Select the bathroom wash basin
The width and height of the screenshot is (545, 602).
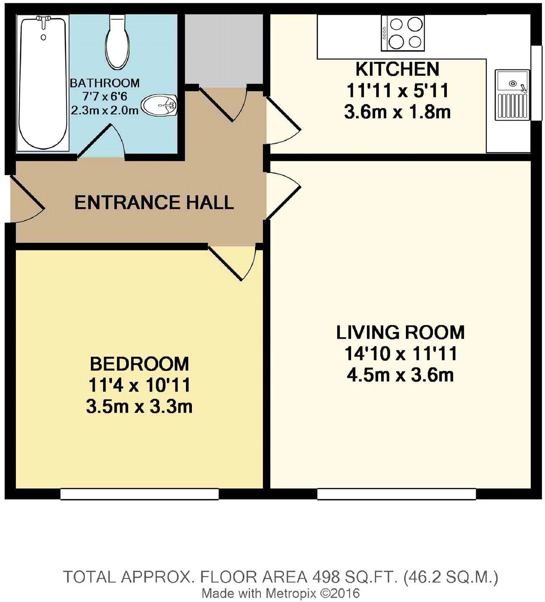[x=160, y=105]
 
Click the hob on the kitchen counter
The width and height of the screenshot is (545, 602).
[x=403, y=33]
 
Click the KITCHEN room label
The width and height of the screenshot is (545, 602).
[x=397, y=69]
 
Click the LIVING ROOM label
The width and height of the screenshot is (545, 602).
[x=400, y=332]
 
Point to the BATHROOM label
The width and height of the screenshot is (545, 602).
[x=105, y=83]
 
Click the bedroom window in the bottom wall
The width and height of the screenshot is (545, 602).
[x=140, y=494]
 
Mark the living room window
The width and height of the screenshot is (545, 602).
[x=397, y=494]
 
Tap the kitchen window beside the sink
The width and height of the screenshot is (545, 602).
[x=537, y=83]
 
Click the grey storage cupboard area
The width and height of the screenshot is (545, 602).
[x=224, y=49]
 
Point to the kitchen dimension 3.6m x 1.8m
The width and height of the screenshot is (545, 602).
[x=397, y=112]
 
